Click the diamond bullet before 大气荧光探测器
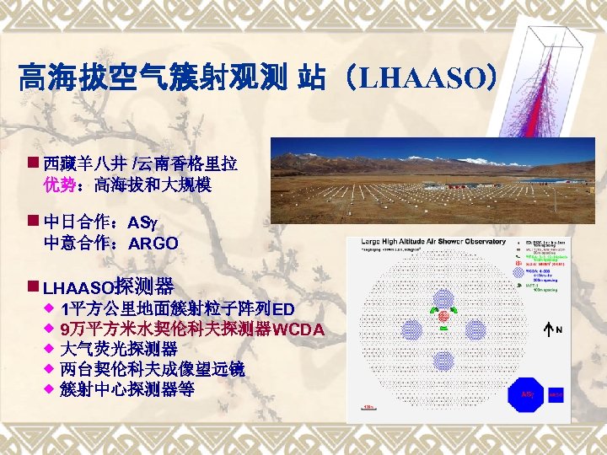49,348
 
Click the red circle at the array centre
443,316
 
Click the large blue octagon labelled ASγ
527,393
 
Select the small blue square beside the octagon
556,393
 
